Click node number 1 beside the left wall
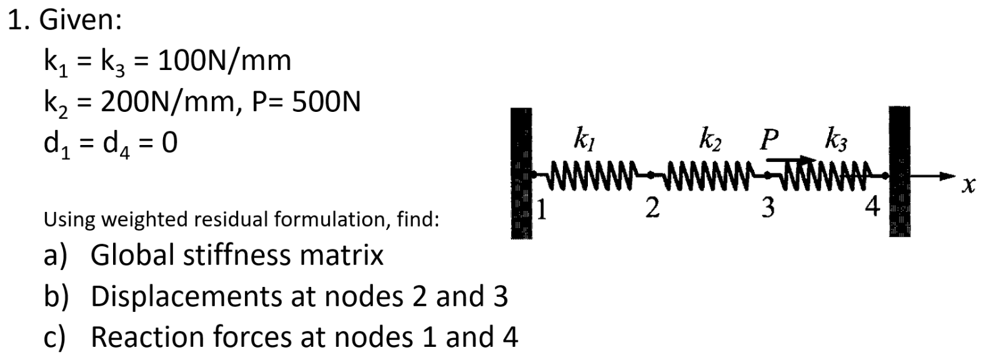coord(543,211)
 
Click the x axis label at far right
coord(968,185)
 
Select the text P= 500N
coord(308,101)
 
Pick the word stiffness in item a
coord(249,255)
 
